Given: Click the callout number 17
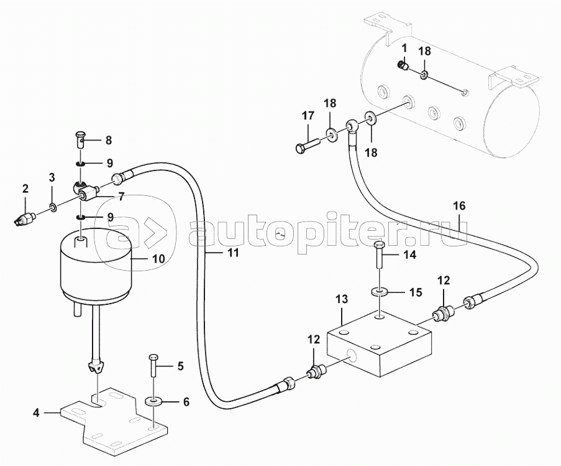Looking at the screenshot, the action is point(308,116).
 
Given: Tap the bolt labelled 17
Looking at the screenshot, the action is point(308,146).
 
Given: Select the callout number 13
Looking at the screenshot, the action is point(342,299).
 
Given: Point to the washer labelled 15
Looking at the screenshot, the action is point(379,292).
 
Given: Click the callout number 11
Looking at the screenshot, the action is point(233,253).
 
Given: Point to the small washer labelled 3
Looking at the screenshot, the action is point(53,207).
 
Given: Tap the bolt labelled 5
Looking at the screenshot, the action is point(153,365).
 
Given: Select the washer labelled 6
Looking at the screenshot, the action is point(153,400).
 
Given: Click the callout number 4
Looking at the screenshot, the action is point(35,412).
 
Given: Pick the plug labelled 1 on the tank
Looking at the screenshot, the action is point(404,65).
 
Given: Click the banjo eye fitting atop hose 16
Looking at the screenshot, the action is point(352,126).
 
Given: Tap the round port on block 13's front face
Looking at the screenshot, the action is point(352,356).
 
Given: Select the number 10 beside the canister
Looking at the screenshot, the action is point(158,259).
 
